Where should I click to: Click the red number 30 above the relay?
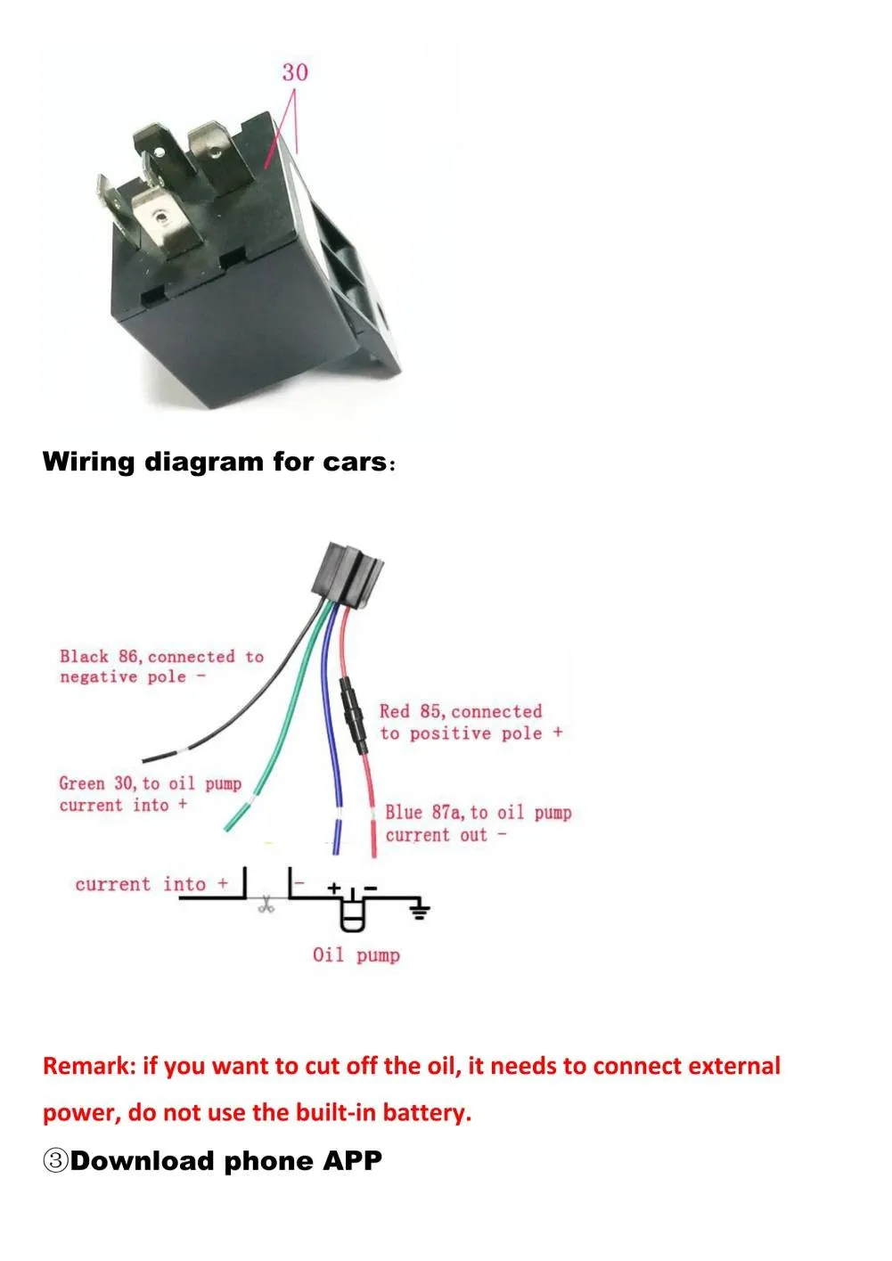[x=295, y=71]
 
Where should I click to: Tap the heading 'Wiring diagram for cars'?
[x=216, y=462]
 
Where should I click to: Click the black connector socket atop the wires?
[x=351, y=574]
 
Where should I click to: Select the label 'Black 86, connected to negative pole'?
[x=161, y=666]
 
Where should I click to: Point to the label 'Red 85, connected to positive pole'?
[x=470, y=722]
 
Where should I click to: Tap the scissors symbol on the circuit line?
[x=265, y=906]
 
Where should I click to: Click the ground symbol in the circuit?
[x=419, y=909]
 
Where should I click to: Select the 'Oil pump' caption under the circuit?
[x=356, y=955]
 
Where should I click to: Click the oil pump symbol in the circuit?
[x=353, y=913]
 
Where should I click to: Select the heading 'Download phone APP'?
[x=225, y=1160]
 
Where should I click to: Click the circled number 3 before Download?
[x=55, y=1160]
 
